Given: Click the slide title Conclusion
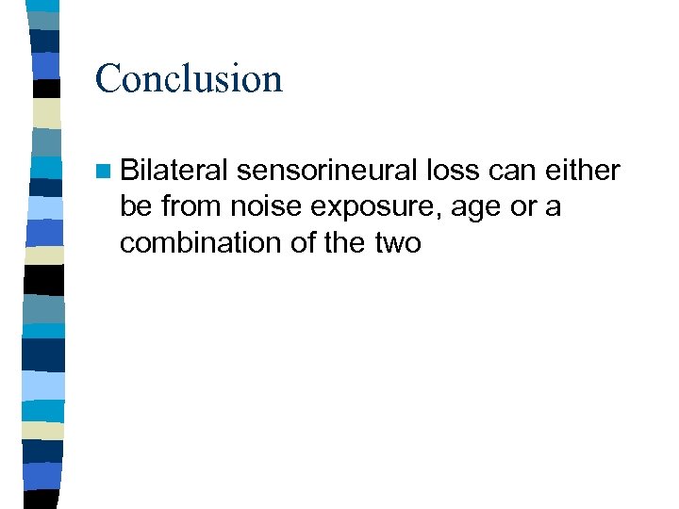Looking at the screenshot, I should pos(189,78).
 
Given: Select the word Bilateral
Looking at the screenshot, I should pos(174,171).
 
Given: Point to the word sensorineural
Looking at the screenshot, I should pos(327,171).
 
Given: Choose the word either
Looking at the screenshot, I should pos(587,171).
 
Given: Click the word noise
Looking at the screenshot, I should pos(257,206).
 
